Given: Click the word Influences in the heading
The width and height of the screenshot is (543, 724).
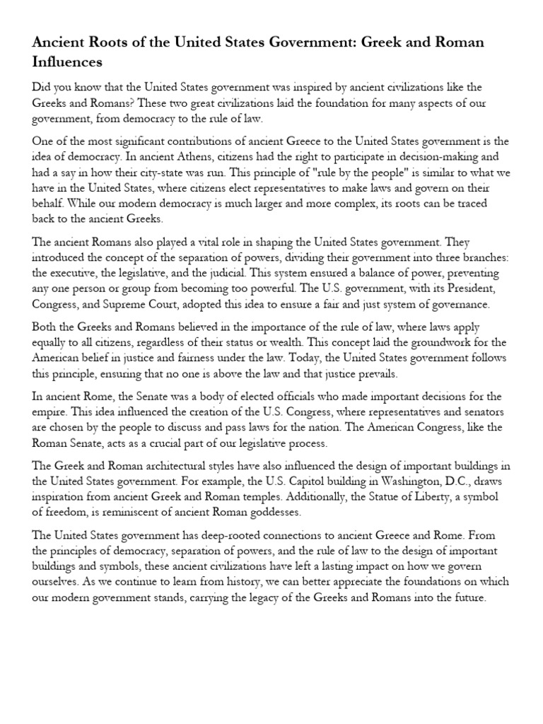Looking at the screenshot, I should click(x=67, y=62).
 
